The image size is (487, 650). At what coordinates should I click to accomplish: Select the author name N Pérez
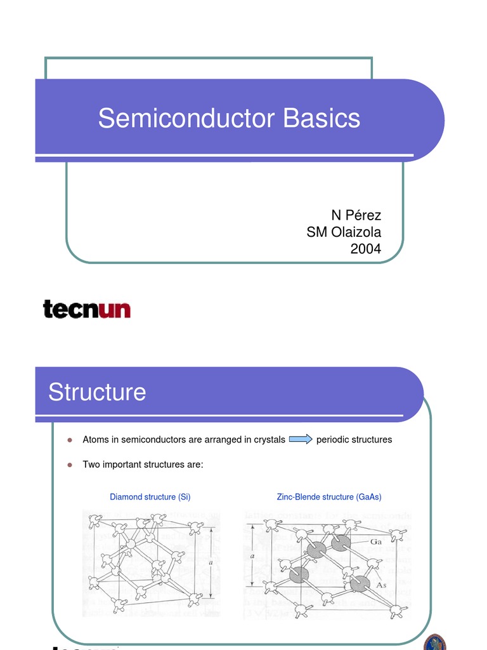click(356, 216)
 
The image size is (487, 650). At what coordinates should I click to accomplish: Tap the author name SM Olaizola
click(344, 232)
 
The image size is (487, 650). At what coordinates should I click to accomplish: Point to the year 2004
click(366, 249)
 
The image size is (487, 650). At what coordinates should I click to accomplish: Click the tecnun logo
click(87, 309)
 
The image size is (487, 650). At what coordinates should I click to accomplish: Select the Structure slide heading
click(97, 392)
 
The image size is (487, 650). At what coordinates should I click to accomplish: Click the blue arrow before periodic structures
click(301, 439)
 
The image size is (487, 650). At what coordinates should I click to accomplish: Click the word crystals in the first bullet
click(267, 439)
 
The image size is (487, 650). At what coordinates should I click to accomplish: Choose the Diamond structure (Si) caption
click(150, 497)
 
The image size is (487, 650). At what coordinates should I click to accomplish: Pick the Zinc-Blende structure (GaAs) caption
click(329, 497)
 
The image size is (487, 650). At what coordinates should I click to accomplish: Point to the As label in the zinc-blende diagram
click(382, 585)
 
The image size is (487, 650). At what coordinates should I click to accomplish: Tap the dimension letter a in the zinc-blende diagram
click(252, 555)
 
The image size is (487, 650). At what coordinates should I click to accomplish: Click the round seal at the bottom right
click(435, 642)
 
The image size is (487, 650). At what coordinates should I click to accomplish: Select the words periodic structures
click(354, 439)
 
